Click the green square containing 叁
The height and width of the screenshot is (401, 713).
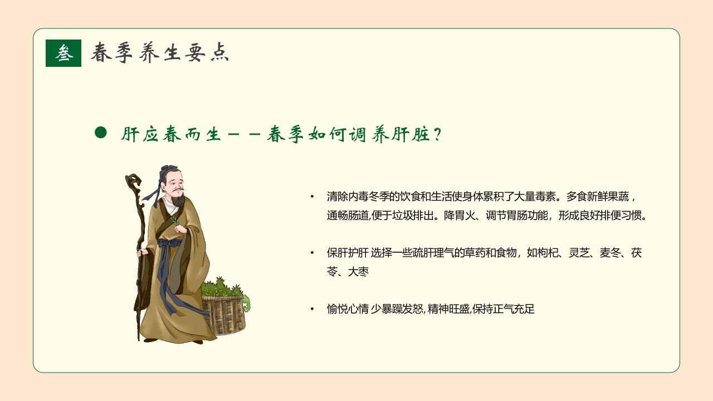[64, 53]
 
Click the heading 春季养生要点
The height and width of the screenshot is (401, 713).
[160, 53]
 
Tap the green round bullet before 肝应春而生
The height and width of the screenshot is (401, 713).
[100, 133]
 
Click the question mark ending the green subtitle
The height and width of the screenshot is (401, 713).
[437, 135]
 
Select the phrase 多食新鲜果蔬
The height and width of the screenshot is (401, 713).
[597, 197]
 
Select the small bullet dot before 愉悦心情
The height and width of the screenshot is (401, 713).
[312, 309]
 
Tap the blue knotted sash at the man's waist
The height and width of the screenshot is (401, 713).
[169, 243]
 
